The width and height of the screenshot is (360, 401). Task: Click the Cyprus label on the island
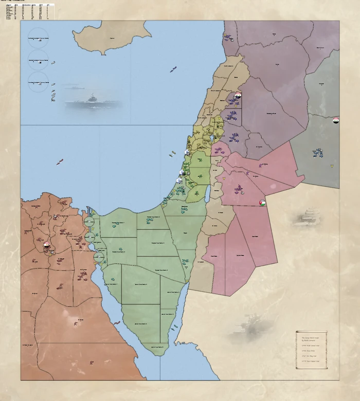(112, 38)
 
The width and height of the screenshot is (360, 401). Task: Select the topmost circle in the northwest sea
(38, 39)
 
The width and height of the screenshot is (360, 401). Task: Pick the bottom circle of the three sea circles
(38, 82)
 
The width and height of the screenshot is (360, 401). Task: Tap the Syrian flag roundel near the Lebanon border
(238, 96)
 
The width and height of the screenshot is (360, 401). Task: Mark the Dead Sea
(207, 193)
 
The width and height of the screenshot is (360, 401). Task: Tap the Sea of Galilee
(212, 138)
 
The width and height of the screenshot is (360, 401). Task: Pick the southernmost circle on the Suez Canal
(99, 257)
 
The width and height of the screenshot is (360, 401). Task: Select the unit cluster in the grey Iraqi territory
(318, 152)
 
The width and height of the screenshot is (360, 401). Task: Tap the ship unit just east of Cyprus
(173, 69)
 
